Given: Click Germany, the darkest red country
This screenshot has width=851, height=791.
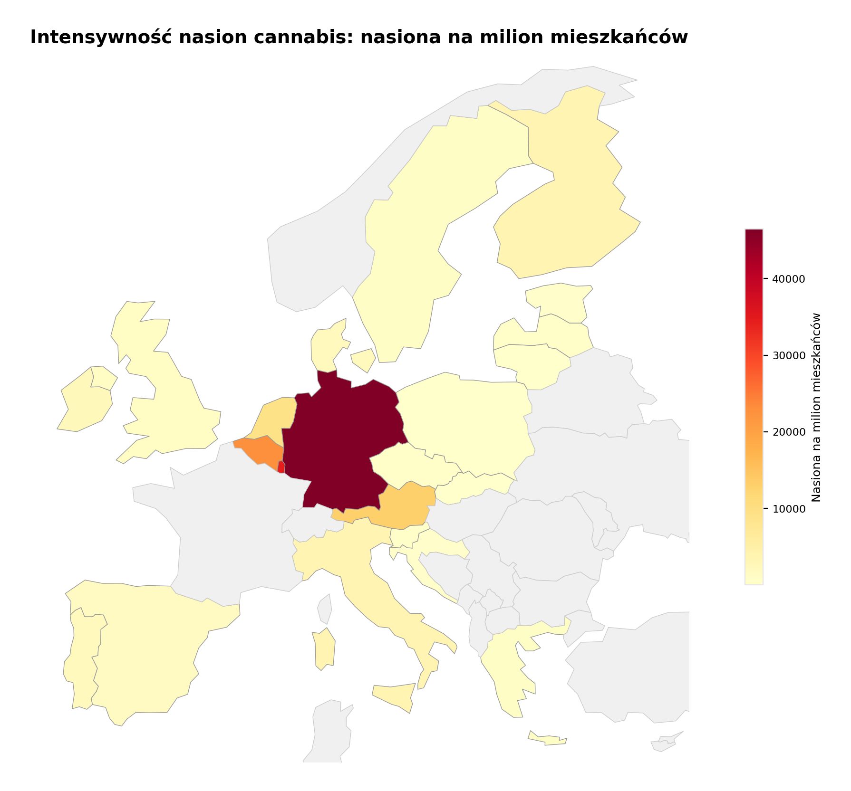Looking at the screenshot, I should click(x=342, y=442).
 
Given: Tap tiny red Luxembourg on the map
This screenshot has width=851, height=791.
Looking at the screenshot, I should click(x=281, y=467).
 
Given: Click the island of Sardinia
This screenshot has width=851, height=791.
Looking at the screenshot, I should click(x=325, y=648).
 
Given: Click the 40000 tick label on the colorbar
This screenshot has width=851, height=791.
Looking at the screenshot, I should click(x=789, y=279).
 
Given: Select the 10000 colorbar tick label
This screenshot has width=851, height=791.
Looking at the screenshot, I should click(x=789, y=509).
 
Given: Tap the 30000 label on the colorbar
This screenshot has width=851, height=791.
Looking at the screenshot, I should click(x=789, y=356).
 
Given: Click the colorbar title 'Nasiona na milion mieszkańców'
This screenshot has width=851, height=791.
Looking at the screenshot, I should click(x=816, y=407).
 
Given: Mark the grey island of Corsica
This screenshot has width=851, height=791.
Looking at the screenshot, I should click(x=325, y=608).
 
